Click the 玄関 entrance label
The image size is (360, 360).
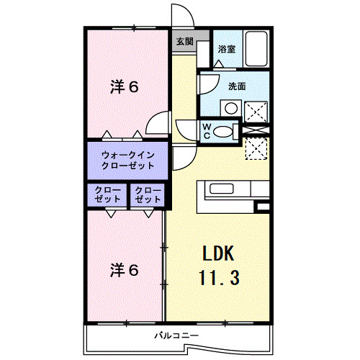tap(184, 42)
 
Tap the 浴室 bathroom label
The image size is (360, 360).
tap(227, 49)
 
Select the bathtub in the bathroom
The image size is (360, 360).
tap(256, 48)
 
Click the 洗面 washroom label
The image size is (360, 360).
tap(237, 86)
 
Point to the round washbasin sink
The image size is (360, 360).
tap(231, 108)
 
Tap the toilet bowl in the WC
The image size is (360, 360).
tap(223, 132)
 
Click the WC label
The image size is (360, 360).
tap(207, 131)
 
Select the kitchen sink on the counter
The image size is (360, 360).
tap(222, 188)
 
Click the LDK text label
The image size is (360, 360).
tap(218, 253)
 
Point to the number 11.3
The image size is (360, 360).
tap(220, 277)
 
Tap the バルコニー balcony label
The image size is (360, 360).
tap(176, 336)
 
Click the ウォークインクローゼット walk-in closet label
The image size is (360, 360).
tap(128, 161)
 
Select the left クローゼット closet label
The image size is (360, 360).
tap(107, 194)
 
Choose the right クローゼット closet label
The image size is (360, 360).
tap(148, 194)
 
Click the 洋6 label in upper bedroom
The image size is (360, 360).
tap(125, 87)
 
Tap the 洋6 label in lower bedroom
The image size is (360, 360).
tap(125, 270)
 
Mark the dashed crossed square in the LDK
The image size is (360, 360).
tap(256, 149)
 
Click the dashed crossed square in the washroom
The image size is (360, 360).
tap(256, 112)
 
